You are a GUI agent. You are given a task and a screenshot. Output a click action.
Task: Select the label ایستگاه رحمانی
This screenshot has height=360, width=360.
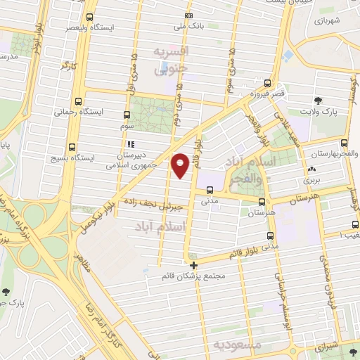[73, 111]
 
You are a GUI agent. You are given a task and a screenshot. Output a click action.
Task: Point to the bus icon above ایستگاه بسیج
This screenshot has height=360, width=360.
[72, 148]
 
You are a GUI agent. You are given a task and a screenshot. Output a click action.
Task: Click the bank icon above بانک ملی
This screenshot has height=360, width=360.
[188, 16]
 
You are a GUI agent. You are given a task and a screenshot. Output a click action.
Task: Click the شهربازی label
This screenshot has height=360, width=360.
[327, 22]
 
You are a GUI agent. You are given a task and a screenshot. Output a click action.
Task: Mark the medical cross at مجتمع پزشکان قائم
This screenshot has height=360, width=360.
[194, 265]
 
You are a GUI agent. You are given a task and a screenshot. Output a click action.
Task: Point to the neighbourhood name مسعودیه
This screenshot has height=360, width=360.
[238, 345]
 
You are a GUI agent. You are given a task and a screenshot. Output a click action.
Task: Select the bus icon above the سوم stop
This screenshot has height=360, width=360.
[127, 115]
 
